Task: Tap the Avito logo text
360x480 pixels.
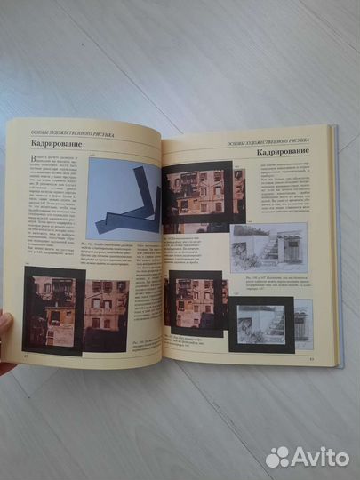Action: pos(317,456)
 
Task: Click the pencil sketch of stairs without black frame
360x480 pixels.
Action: pos(264,244)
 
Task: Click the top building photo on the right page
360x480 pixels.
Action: pos(203,197)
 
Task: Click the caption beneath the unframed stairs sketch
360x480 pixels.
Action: pos(267,284)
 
